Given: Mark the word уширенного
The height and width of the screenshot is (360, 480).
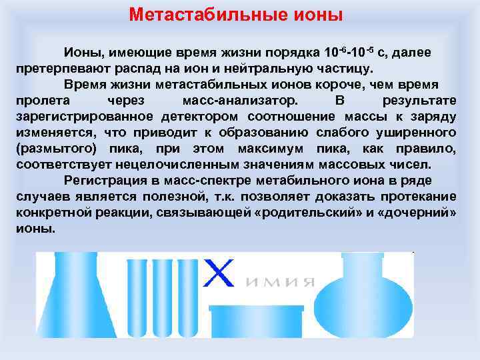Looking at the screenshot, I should tap(420, 132).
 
